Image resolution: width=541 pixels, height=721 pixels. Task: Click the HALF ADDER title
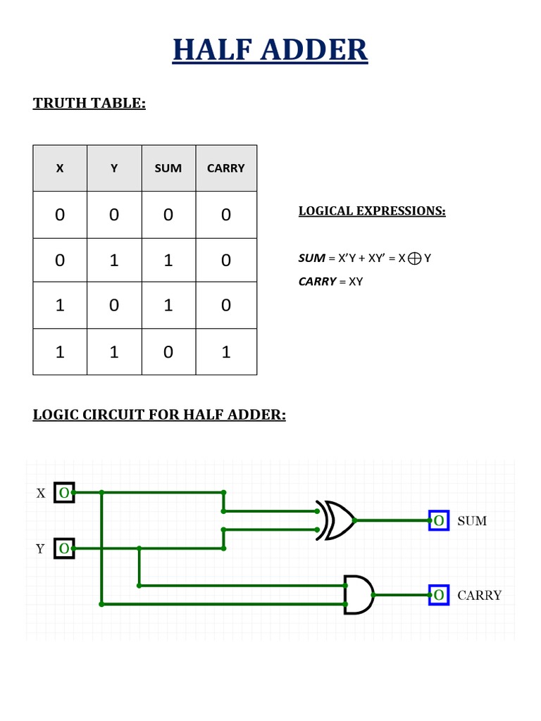coord(270,51)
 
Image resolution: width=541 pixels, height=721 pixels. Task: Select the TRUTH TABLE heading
coord(89,104)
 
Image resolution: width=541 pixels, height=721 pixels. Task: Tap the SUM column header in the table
coord(168,168)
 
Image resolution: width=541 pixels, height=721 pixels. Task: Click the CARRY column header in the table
coord(225,168)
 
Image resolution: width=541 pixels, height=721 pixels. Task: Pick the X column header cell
coord(60,168)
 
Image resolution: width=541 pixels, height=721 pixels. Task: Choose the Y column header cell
coord(114,168)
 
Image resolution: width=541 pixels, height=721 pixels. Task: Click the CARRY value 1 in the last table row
coord(225,351)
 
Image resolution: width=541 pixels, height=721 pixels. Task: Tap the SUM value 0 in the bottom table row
coord(168,351)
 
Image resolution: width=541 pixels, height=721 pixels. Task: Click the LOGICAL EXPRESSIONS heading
coord(372,211)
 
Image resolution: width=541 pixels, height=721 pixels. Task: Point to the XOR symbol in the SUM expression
coord(414,258)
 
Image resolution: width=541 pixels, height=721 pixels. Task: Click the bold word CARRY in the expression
coord(317,282)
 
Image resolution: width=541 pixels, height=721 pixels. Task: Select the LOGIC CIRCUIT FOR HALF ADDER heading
coord(159,414)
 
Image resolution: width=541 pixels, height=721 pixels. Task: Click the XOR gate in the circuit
coord(336,520)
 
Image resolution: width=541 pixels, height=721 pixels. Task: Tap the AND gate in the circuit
coord(359,594)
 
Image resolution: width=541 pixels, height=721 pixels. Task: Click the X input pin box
coord(64,493)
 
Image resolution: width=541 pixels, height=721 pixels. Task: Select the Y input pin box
coord(64,548)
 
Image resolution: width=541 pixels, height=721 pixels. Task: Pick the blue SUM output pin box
coord(439,520)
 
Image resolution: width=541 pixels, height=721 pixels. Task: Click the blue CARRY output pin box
coord(439,595)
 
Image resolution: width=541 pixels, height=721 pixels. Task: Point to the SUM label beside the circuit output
coord(472,521)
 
